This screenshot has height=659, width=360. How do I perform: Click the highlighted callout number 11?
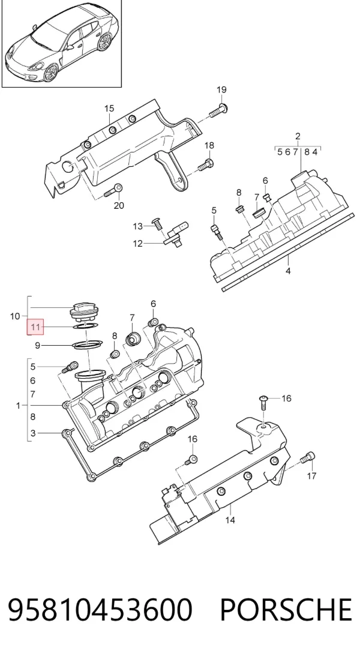(x=35, y=326)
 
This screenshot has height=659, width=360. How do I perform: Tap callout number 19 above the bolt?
(x=221, y=89)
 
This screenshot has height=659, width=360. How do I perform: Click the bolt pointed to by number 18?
(x=205, y=164)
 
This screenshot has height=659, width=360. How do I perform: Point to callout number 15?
(x=109, y=109)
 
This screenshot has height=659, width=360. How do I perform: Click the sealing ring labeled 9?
(x=88, y=345)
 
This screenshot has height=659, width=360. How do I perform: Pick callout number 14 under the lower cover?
(x=230, y=520)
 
